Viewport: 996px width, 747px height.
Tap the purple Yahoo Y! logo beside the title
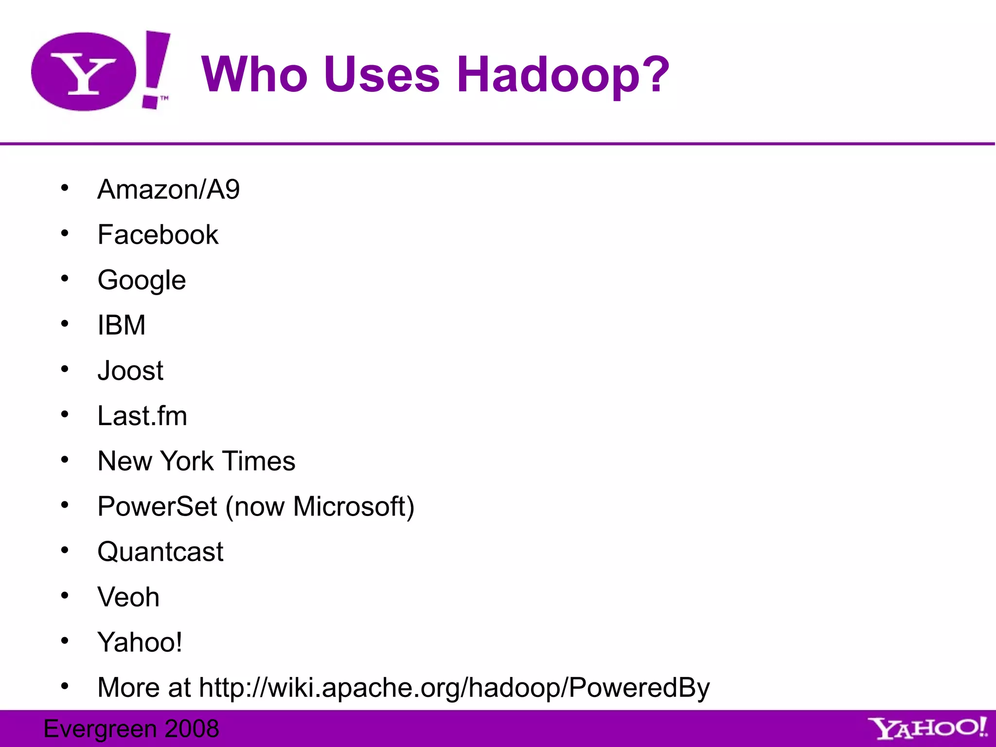tap(100, 71)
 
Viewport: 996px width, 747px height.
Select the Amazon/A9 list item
tap(168, 189)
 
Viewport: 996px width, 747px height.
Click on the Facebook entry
tap(158, 234)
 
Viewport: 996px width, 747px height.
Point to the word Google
tap(142, 280)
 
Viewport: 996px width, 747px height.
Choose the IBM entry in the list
tap(122, 325)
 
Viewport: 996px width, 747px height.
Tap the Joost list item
tap(130, 371)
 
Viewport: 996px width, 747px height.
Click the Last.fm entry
tap(142, 416)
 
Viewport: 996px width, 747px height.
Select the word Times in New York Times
tap(259, 461)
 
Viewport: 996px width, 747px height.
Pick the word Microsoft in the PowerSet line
tap(350, 506)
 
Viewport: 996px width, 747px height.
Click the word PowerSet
tap(157, 506)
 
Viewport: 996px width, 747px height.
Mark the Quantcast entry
tap(160, 551)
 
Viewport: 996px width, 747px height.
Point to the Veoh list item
tap(128, 597)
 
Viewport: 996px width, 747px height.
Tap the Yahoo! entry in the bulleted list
tap(140, 642)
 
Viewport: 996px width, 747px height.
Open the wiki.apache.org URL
tap(454, 688)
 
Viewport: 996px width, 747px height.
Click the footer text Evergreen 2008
tap(131, 729)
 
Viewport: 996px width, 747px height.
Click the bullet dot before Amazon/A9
tap(65, 188)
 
